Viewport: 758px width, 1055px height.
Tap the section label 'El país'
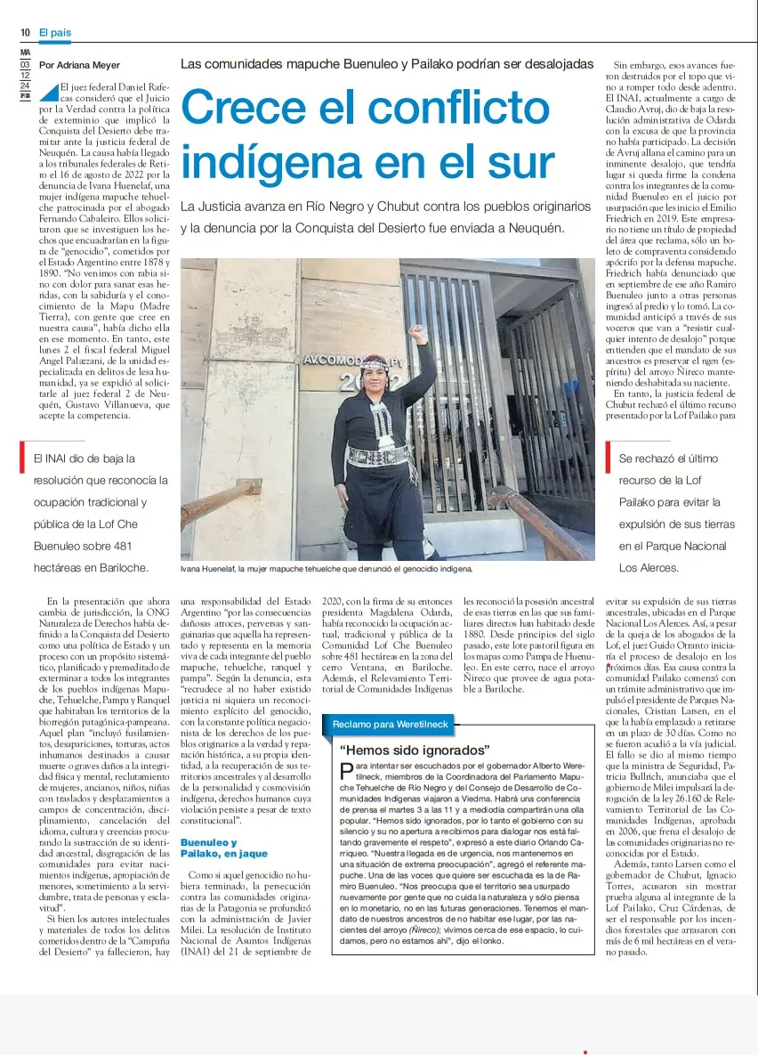coord(54,32)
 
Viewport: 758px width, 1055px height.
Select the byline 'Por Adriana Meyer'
coord(80,65)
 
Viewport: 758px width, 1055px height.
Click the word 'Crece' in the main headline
coord(256,108)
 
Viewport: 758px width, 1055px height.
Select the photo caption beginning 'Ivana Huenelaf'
coord(327,567)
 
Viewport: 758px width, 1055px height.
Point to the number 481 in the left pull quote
coord(121,546)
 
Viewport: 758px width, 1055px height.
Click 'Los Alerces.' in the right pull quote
coord(649,567)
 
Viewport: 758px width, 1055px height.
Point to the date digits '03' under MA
coord(26,64)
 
